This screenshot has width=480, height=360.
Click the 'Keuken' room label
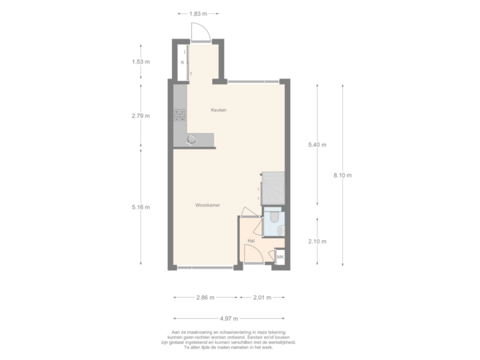pos(219,110)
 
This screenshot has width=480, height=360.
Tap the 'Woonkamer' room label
pos(208,205)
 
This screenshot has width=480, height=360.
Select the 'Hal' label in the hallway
pos(251,240)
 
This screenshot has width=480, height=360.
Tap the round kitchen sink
pos(192,139)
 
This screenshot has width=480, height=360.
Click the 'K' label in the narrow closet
pos(182,63)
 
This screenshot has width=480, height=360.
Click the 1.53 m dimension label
pos(141,63)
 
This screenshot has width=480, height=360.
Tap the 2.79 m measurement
pos(141,116)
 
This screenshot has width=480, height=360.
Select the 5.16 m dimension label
pos(141,207)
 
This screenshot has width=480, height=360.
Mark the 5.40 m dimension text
pos(316,145)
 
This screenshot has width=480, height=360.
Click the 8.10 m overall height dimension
pos(342,175)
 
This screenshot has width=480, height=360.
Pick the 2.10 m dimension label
pos(316,241)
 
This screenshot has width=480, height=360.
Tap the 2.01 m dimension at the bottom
pos(262,297)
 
